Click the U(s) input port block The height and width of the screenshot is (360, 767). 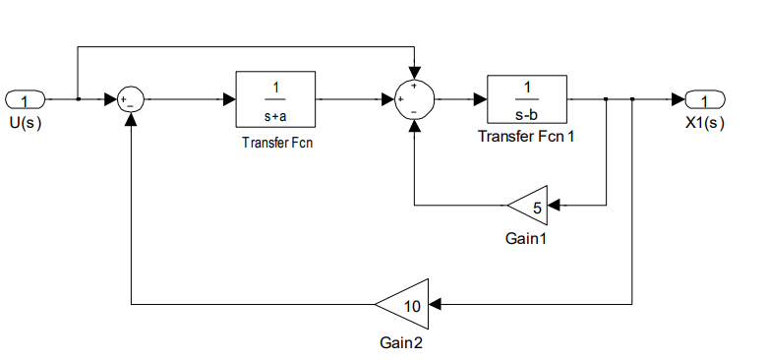pyautogui.click(x=26, y=99)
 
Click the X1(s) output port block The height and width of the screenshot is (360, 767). pyautogui.click(x=705, y=99)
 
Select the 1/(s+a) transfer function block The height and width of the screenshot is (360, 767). pyautogui.click(x=274, y=99)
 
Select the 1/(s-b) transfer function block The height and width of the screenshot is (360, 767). pyautogui.click(x=526, y=99)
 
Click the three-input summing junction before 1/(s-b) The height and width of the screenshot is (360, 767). pyautogui.click(x=414, y=99)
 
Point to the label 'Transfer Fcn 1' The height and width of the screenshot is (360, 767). pyautogui.click(x=526, y=136)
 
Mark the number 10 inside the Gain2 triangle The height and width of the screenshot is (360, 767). pyautogui.click(x=413, y=305)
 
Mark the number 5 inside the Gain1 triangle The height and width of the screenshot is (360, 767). pyautogui.click(x=537, y=207)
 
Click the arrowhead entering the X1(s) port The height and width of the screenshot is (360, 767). pyautogui.click(x=679, y=99)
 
